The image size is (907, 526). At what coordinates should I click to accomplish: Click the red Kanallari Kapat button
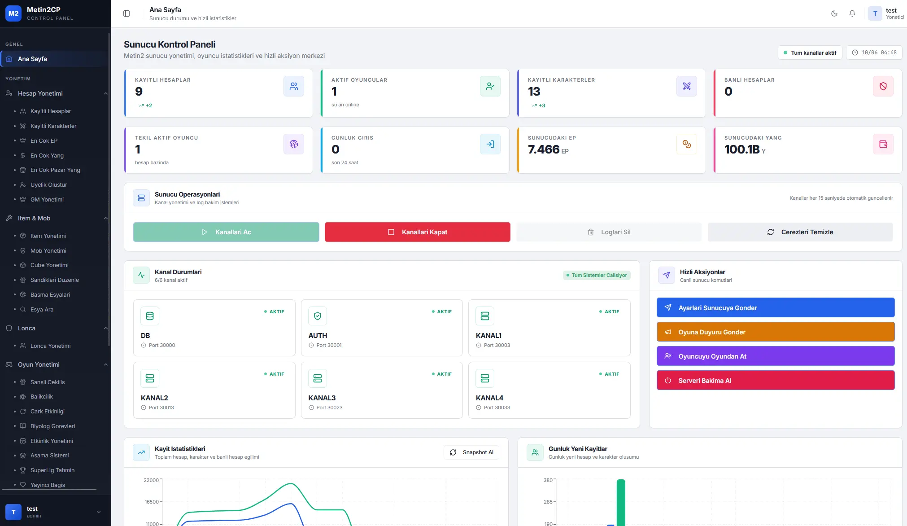click(417, 232)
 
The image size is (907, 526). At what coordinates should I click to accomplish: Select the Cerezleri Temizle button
click(800, 232)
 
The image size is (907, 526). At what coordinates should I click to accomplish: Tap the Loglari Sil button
click(609, 232)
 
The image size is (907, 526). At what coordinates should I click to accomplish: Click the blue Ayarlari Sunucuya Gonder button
click(776, 308)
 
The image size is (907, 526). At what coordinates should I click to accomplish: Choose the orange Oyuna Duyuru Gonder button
click(776, 332)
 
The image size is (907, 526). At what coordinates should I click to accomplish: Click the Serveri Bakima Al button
click(776, 381)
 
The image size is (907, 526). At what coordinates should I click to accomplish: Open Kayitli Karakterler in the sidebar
click(53, 126)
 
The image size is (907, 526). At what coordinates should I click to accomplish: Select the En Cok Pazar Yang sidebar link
click(55, 170)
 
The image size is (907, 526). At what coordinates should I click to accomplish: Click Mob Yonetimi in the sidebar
click(48, 251)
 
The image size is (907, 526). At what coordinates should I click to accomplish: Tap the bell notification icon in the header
click(852, 13)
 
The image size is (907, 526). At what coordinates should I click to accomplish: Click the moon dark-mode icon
click(834, 13)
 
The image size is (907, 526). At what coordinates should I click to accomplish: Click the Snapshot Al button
click(471, 452)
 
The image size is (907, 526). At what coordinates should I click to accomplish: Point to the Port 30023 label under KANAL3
click(329, 408)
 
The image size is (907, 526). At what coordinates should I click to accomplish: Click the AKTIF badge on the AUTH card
click(442, 311)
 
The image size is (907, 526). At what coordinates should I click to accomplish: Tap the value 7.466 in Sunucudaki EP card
click(544, 149)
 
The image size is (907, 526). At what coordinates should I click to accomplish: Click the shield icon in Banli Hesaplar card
click(883, 86)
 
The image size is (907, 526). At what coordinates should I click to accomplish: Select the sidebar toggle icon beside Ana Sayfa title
click(126, 13)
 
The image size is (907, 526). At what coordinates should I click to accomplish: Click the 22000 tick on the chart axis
click(151, 480)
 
